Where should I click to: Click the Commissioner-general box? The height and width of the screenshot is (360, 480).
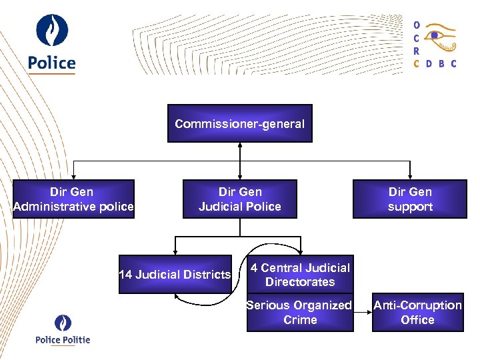coord(239,123)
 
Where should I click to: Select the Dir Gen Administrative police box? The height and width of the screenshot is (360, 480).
coord(73,199)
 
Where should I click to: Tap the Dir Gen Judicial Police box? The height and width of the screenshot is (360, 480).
coord(239,199)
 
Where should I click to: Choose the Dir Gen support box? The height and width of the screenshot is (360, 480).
coord(410,199)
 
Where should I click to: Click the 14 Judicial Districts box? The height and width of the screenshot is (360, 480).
coord(175,274)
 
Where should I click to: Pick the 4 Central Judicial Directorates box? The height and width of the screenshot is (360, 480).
coord(300,274)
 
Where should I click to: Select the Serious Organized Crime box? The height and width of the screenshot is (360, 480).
coord(300,313)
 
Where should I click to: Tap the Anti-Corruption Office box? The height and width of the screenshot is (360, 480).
coord(417,313)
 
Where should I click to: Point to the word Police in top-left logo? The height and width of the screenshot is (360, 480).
coord(52,63)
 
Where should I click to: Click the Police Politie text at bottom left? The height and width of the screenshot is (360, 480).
coord(63,340)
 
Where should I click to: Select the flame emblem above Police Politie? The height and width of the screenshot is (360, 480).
coord(63,323)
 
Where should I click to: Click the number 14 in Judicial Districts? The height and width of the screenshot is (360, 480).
coord(125,275)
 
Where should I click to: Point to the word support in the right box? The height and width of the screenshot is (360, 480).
coord(410,207)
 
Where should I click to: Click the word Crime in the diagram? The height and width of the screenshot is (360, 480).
coord(300,320)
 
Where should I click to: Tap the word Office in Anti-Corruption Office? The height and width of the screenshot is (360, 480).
coord(417,320)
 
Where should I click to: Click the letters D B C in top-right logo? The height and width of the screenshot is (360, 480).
coord(441,64)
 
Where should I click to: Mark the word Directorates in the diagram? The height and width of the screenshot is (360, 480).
coord(300,282)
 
